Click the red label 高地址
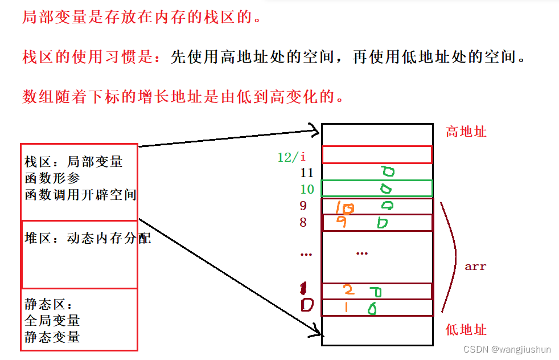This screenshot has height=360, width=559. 466,132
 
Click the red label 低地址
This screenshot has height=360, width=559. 466,330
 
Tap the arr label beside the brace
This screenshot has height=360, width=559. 475,266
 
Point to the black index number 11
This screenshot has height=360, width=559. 307,173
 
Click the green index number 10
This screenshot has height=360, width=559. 307,189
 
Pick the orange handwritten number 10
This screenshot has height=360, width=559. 344,208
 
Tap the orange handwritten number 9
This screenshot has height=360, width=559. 342,223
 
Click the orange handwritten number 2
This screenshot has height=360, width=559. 348,291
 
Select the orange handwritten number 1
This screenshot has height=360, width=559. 345,308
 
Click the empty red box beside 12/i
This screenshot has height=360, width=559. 377,154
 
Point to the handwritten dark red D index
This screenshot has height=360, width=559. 307,306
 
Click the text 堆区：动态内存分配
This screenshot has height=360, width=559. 88,238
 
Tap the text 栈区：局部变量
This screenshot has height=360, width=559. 73,162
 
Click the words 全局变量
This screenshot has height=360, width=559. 52,320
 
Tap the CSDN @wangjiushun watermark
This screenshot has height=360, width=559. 507,349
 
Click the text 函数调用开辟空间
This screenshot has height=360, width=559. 80,195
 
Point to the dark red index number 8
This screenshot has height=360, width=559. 303,223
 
